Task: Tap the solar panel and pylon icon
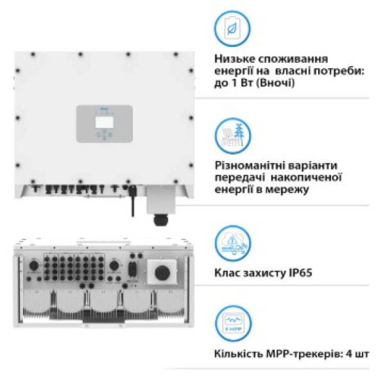232,135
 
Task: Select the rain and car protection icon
232,243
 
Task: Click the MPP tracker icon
232,324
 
